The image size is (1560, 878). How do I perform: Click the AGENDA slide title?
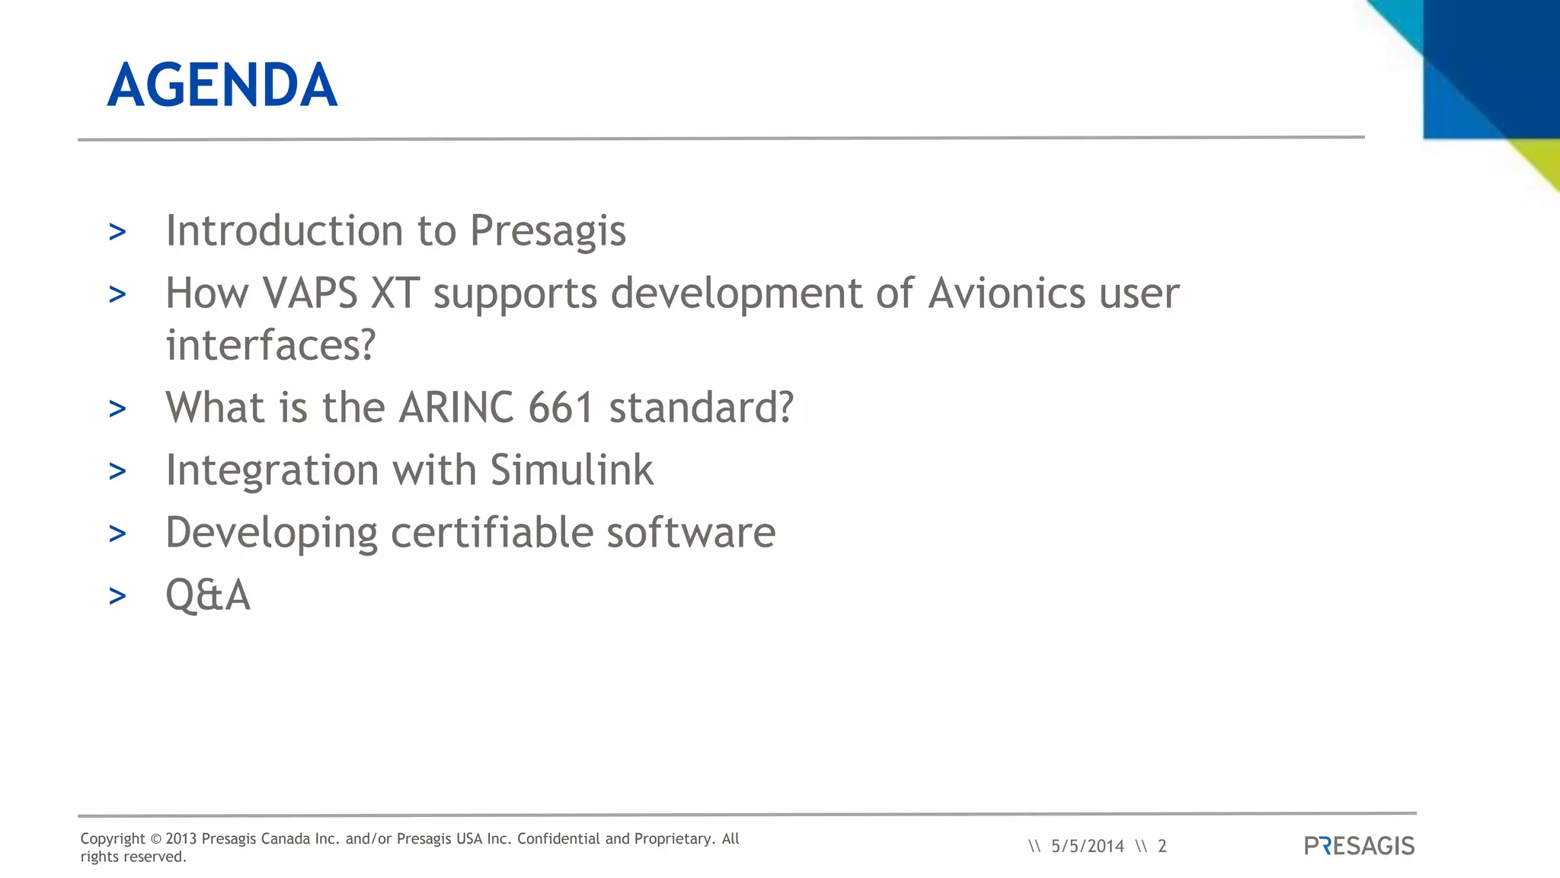click(222, 85)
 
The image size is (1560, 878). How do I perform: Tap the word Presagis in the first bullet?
click(548, 230)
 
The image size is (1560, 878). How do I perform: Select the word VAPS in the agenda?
click(310, 293)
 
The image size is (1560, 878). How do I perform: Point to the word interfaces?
click(270, 345)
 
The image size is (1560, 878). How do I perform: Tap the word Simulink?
click(571, 469)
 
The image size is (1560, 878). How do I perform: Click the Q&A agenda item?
click(208, 594)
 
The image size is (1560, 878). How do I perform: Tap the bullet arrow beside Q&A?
click(117, 596)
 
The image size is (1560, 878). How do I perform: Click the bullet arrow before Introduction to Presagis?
click(117, 232)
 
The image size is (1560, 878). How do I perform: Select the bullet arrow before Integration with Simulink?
click(117, 471)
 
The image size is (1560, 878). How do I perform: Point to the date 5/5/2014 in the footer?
click(1087, 846)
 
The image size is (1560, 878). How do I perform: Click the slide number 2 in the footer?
click(1162, 846)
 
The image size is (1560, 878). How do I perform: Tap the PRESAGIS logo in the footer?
click(1359, 846)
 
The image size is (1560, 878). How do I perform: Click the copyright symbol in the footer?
click(155, 839)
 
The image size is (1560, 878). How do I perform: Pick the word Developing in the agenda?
click(271, 532)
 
